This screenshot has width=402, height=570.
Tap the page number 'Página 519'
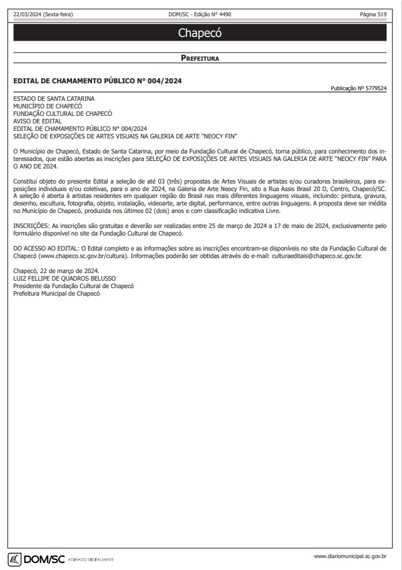coord(373,14)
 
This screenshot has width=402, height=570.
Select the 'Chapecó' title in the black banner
coord(200,33)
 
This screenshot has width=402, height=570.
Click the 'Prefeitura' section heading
coord(200,58)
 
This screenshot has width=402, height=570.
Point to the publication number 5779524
coord(358,89)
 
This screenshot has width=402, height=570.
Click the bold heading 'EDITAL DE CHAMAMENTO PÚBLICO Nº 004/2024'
coord(98,81)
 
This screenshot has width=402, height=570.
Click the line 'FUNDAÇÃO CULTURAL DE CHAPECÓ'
coord(63,113)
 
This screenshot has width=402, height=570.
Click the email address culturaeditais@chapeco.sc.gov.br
coord(312,256)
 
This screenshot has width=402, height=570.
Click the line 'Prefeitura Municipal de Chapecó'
coord(57,293)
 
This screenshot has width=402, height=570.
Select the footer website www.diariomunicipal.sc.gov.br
coord(349,556)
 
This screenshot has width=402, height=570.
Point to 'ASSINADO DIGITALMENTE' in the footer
coord(91,559)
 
